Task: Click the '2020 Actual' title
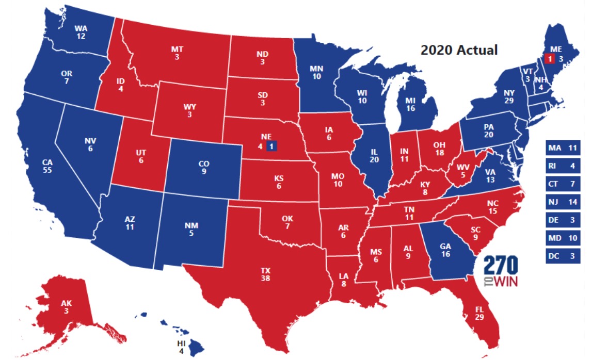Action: pos(459,50)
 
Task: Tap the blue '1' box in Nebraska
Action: pos(271,146)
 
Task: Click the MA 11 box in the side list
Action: pos(566,149)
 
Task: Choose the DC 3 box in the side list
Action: pos(566,256)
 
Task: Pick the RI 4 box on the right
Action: pos(566,167)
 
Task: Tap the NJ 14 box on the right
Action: pos(566,202)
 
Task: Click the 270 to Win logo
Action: pos(501,272)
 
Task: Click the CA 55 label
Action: pos(47,167)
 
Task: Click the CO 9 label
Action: pos(203,168)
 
